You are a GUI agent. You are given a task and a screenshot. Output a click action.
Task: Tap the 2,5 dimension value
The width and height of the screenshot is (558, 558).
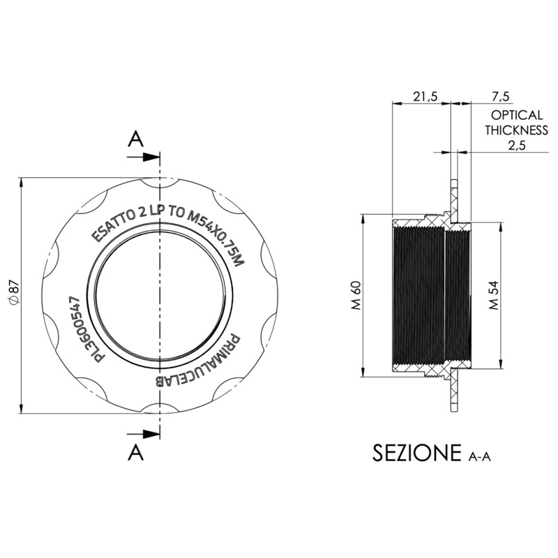515,144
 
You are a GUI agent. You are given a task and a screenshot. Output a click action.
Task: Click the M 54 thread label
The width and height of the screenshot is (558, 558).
493,295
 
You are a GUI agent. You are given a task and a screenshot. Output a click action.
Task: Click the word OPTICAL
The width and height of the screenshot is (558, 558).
516,114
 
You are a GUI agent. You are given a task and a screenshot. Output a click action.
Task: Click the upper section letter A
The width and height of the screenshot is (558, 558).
136,139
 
